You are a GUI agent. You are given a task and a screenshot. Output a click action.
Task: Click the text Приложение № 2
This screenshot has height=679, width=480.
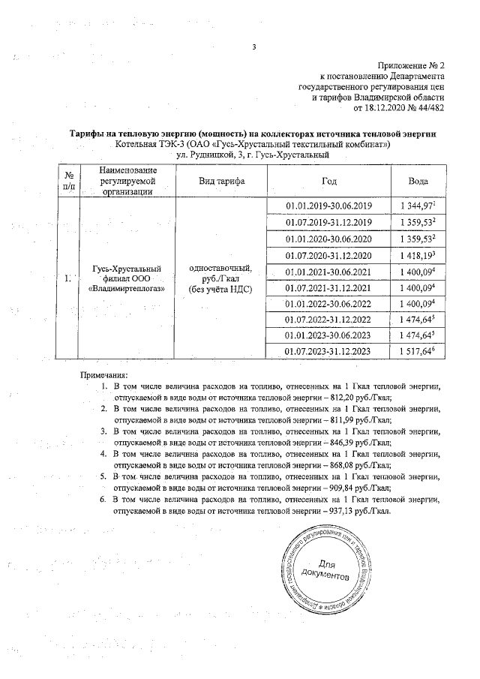tap(411, 66)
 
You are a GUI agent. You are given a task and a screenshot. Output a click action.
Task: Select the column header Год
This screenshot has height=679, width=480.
tap(328, 182)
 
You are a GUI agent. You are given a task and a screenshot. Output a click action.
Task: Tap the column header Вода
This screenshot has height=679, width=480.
tap(418, 182)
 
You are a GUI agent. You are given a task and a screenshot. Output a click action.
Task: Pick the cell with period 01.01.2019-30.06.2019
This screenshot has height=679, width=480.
tap(328, 206)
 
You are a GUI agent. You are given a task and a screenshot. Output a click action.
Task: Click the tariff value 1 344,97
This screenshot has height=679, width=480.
tap(416, 206)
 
